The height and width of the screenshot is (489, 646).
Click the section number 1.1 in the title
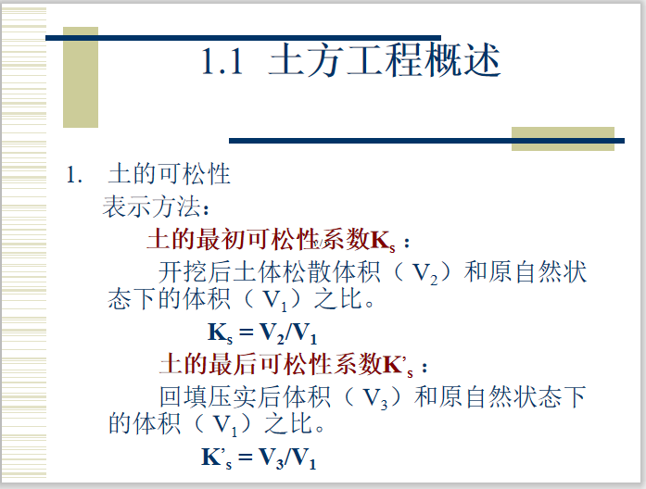tap(222, 62)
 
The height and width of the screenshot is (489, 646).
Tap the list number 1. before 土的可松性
tap(74, 174)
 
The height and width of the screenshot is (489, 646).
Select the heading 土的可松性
tap(169, 174)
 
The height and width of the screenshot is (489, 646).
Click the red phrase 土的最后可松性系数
tap(270, 361)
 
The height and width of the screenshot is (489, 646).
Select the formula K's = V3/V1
tap(259, 457)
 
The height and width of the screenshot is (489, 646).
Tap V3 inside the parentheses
tap(374, 397)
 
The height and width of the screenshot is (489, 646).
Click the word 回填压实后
tap(214, 397)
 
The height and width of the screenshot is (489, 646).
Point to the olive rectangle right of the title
tap(563, 138)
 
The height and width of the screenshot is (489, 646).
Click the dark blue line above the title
tap(241, 38)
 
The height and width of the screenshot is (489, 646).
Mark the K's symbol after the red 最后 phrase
tap(398, 362)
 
